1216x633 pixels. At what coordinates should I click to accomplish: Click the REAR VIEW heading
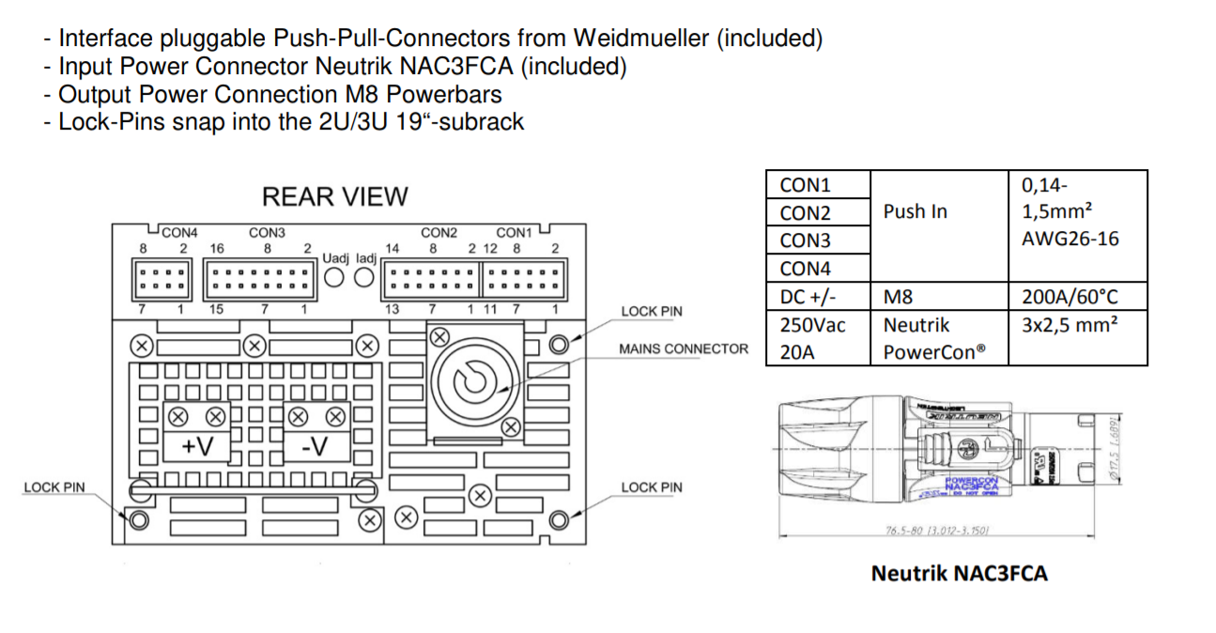click(x=334, y=197)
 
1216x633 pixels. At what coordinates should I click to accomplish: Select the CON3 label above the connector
click(x=267, y=233)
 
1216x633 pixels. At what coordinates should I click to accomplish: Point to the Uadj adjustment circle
click(x=335, y=277)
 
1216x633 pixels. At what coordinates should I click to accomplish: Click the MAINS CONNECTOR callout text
click(x=683, y=349)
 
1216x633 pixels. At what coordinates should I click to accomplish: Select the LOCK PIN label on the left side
click(x=54, y=487)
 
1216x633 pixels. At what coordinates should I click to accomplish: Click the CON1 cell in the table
click(x=805, y=185)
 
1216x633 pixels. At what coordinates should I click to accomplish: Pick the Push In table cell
click(x=915, y=212)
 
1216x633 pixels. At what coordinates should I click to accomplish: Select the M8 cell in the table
click(x=899, y=298)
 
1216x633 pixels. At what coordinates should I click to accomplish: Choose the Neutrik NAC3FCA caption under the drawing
click(x=959, y=573)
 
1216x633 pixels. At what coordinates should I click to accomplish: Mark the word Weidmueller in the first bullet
click(x=643, y=39)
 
